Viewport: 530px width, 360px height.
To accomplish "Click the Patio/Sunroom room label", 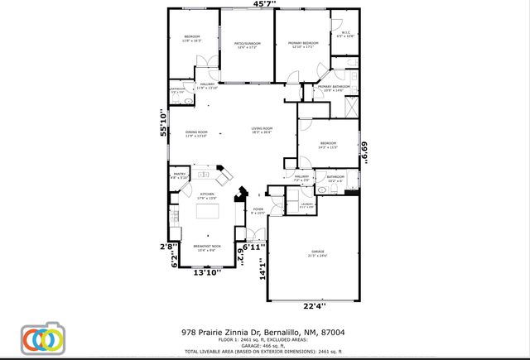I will coord(248,44).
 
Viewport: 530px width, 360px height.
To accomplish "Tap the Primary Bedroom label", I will coord(303,44).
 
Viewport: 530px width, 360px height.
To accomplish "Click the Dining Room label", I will coord(196,133).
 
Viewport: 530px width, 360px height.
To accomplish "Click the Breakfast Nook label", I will coord(206,247).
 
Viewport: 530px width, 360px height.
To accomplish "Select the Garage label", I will coord(317,254).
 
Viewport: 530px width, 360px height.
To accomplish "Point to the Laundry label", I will coord(306,204).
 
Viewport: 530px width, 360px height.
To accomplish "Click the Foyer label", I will coord(258,211).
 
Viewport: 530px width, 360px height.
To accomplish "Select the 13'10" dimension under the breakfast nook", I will coord(206,271).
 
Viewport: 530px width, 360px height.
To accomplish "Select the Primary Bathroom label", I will coord(335,88).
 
